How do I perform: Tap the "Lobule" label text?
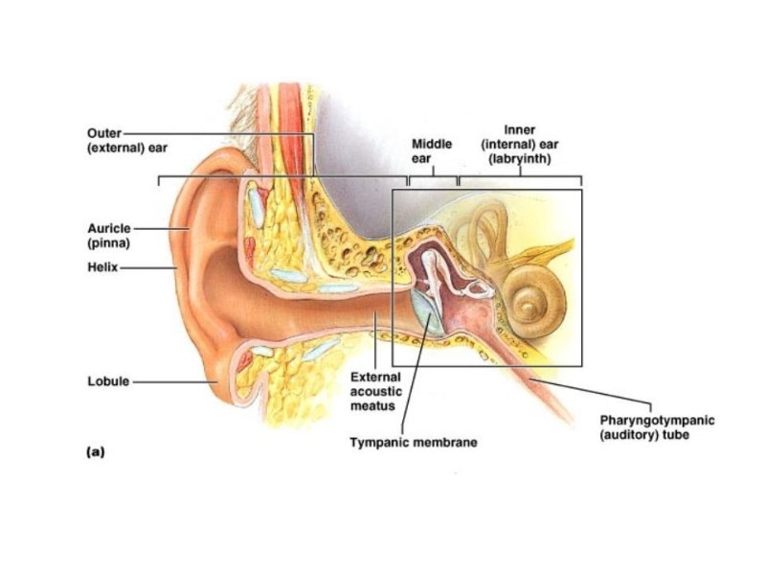106,381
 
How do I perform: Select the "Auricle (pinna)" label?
107,236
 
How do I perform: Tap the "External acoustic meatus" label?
375,392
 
